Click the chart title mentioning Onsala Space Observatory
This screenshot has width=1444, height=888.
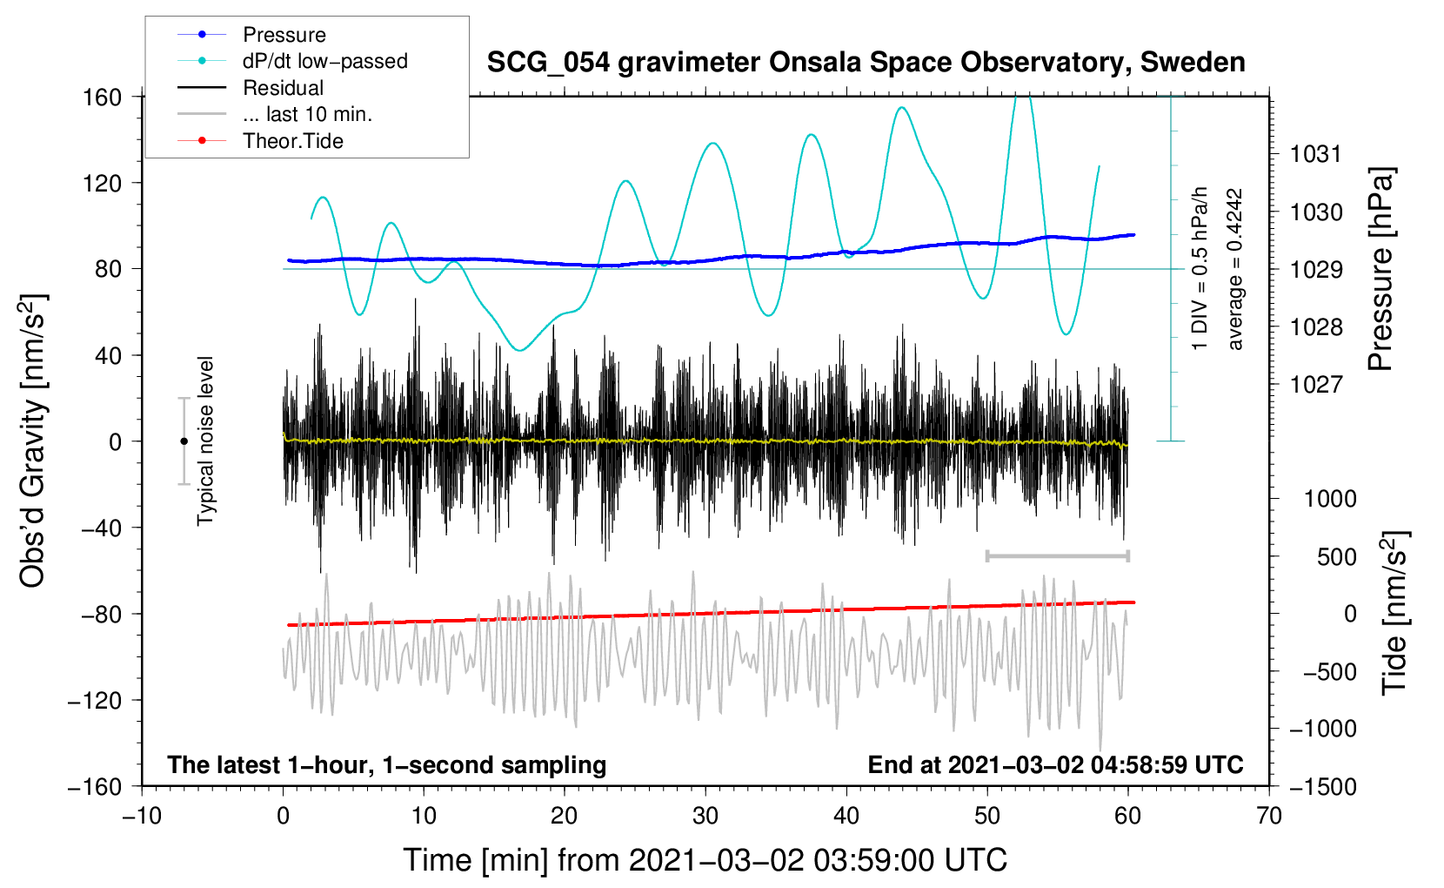click(x=866, y=63)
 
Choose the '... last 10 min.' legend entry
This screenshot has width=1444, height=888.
click(x=275, y=114)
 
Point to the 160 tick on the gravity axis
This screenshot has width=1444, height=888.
click(x=103, y=98)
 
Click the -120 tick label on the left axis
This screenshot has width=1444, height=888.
click(x=95, y=700)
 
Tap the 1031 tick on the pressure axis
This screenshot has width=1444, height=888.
click(x=1316, y=154)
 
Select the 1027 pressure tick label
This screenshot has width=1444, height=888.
click(x=1316, y=385)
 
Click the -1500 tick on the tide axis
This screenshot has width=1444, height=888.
click(x=1323, y=787)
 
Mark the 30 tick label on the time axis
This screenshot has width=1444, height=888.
click(x=705, y=816)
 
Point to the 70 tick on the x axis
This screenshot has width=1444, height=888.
click(x=1268, y=816)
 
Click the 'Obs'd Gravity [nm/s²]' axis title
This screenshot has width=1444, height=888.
click(x=32, y=441)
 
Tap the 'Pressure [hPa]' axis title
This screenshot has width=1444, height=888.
click(x=1380, y=269)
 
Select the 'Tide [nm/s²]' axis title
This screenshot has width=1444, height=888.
click(x=1394, y=613)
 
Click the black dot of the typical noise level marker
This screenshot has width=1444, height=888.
click(x=184, y=441)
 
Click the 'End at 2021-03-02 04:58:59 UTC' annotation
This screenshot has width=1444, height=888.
click(x=1055, y=764)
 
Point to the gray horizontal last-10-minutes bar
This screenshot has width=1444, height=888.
click(x=1058, y=555)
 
